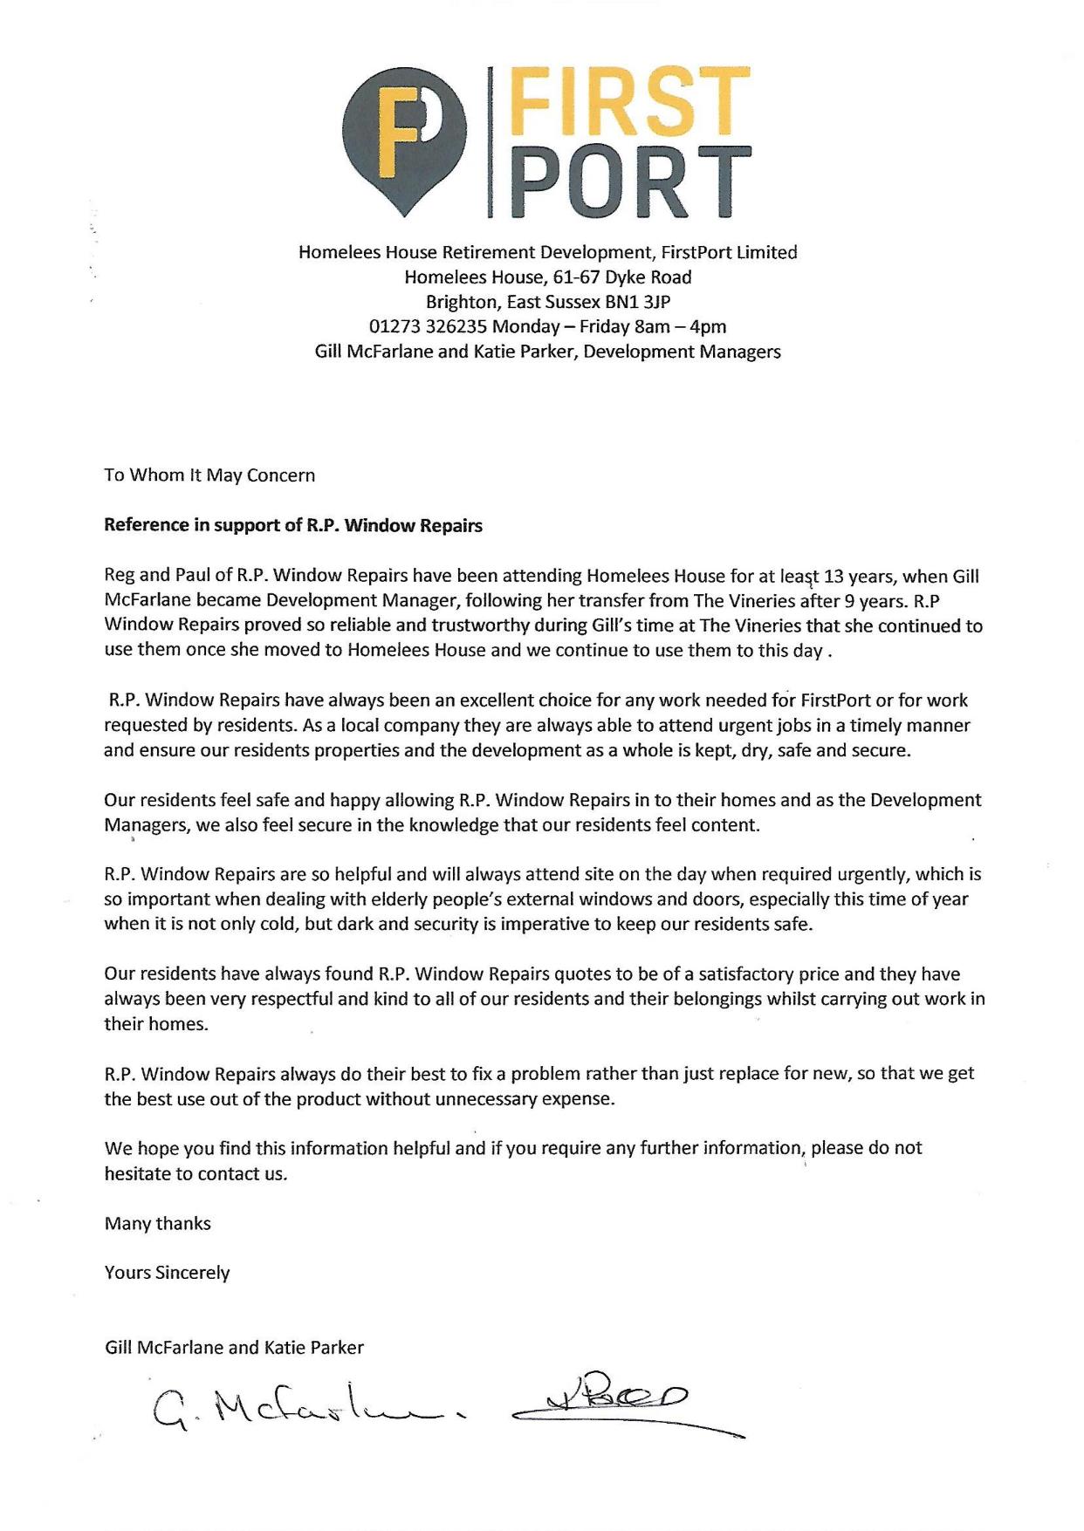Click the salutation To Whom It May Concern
click(209, 475)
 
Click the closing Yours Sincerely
click(167, 1272)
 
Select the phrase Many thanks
click(157, 1223)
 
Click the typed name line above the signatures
click(234, 1347)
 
